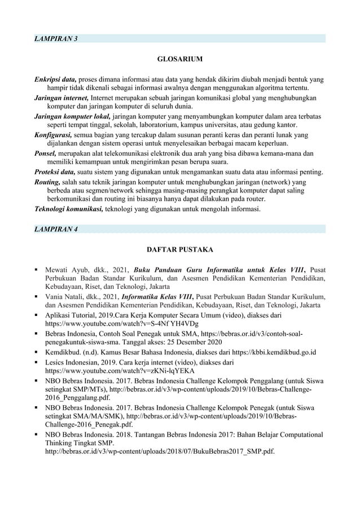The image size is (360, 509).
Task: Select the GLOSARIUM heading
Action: [179, 58]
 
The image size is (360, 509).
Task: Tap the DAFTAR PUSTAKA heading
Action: [179, 248]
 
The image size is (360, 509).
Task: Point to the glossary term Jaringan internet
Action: [61, 97]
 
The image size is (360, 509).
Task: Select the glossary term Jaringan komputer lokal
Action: [71, 116]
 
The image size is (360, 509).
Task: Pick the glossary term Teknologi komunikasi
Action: [68, 209]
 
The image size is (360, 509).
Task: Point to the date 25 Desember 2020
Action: [192, 343]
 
